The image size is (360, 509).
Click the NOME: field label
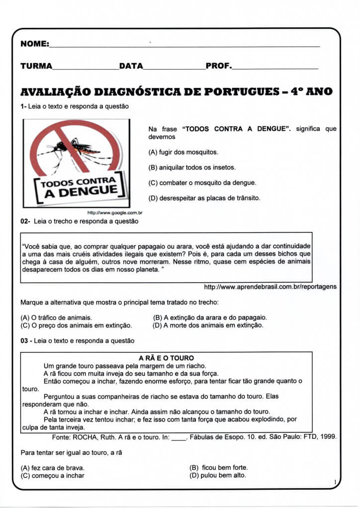pyautogui.click(x=34, y=44)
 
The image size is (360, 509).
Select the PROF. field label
pyautogui.click(x=218, y=66)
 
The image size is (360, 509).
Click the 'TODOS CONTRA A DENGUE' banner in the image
pyautogui.click(x=80, y=187)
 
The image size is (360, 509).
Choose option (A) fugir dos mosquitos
pyautogui.click(x=183, y=152)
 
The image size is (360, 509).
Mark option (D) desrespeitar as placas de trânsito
pyautogui.click(x=204, y=198)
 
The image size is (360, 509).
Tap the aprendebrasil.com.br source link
pyautogui.click(x=270, y=287)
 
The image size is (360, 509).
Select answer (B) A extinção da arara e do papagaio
pyautogui.click(x=210, y=317)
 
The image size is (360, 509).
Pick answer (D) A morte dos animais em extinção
pyautogui.click(x=208, y=326)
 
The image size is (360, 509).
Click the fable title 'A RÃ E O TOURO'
pyautogui.click(x=166, y=358)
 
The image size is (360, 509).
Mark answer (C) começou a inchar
pyautogui.click(x=52, y=476)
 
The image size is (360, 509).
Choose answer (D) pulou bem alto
pyautogui.click(x=218, y=476)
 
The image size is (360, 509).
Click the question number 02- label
pyautogui.click(x=25, y=221)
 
